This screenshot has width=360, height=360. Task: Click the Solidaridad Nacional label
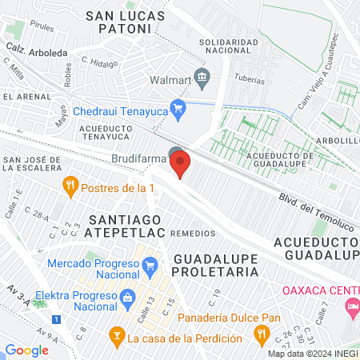(229, 47)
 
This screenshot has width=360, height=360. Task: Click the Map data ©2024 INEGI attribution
(312, 354)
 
